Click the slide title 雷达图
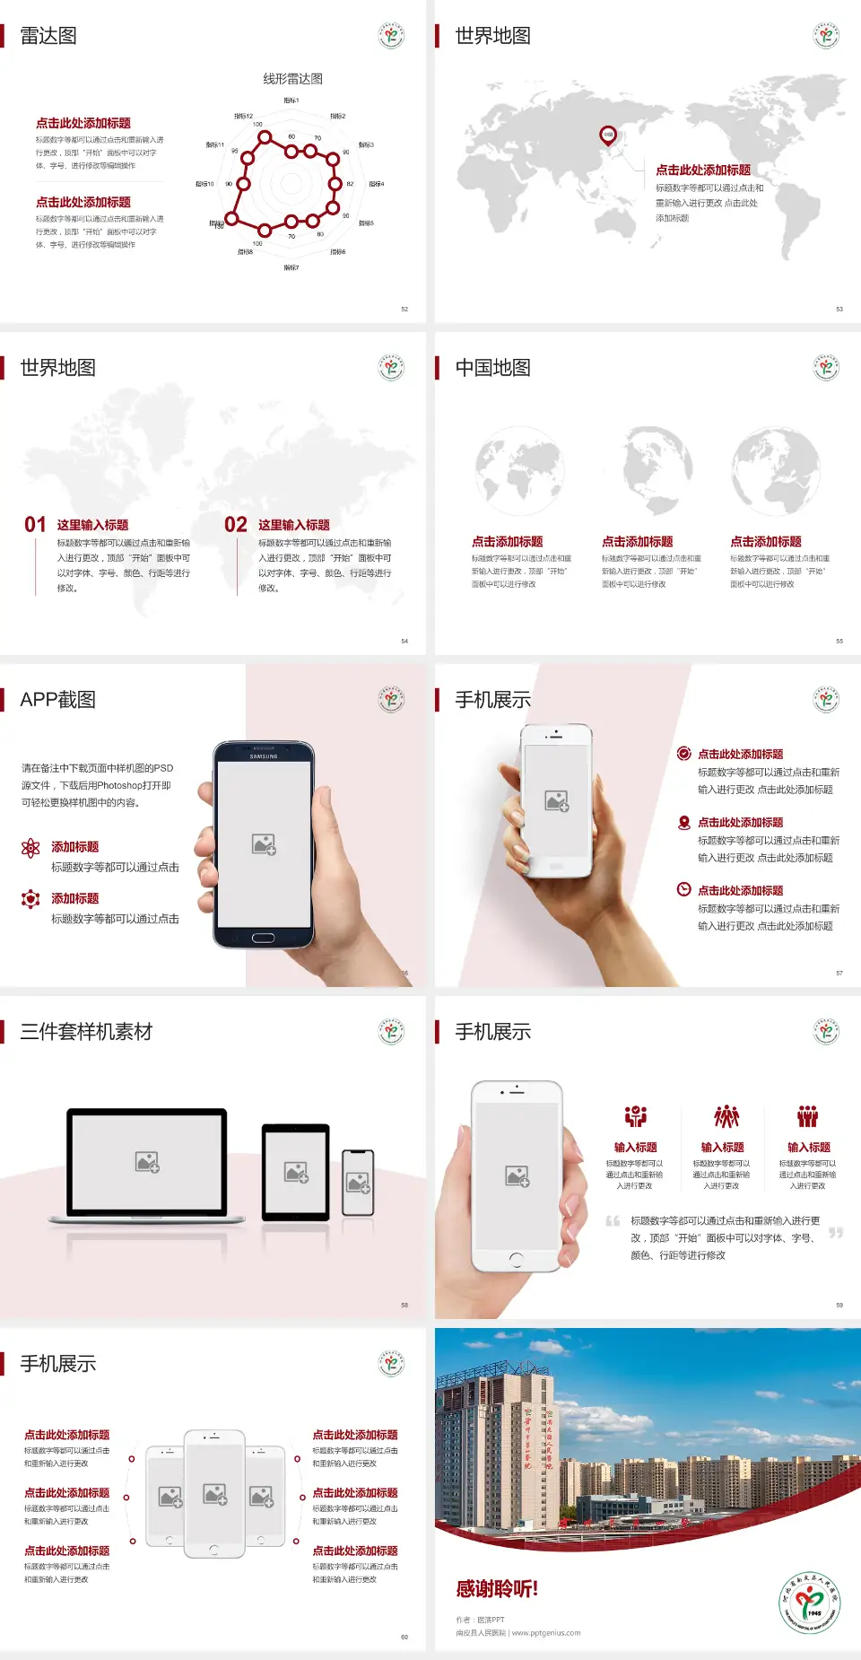click(x=48, y=36)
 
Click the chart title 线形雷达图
click(x=292, y=79)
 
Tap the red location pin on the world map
click(x=608, y=135)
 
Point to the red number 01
click(x=35, y=525)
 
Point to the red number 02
click(x=236, y=525)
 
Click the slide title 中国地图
click(x=492, y=368)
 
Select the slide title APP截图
click(x=57, y=700)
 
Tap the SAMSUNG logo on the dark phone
click(x=264, y=756)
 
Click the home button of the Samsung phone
click(x=263, y=938)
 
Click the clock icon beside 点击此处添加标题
click(x=683, y=889)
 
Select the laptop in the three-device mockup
click(x=147, y=1165)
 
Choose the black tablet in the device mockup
click(x=296, y=1171)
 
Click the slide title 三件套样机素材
click(x=86, y=1032)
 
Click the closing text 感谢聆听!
click(x=497, y=1589)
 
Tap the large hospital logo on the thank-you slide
click(x=810, y=1603)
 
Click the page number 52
click(x=404, y=309)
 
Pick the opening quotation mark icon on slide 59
click(x=613, y=1220)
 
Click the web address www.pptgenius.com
click(x=546, y=1633)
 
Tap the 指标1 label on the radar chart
click(x=291, y=100)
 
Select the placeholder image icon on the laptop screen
click(x=147, y=1162)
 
